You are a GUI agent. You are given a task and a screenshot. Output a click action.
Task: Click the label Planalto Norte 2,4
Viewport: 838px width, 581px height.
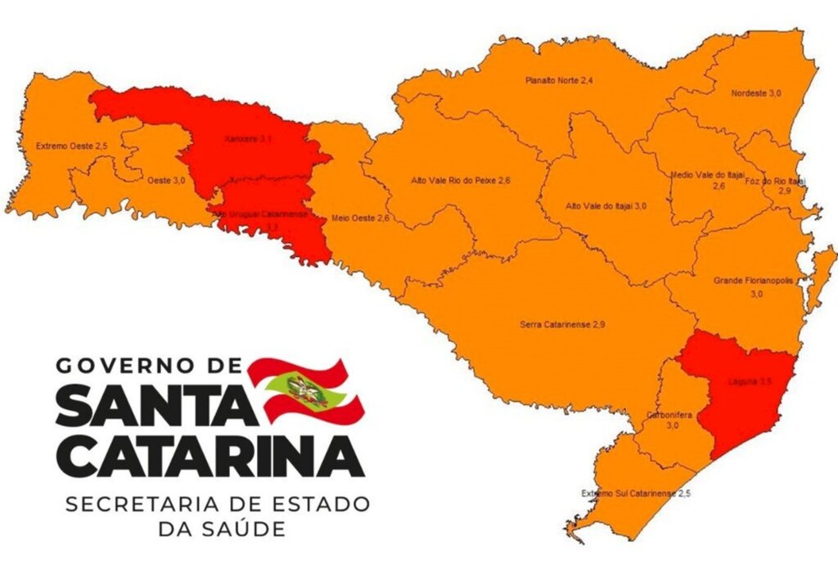tap(559, 80)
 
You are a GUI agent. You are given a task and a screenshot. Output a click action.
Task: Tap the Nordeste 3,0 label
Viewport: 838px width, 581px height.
tap(755, 94)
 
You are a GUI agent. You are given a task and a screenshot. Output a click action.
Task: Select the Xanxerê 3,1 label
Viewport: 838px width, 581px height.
tap(248, 140)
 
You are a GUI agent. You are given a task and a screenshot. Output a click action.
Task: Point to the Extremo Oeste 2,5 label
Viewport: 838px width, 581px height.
tap(72, 146)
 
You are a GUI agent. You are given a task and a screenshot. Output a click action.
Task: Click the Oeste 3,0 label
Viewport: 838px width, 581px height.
tap(165, 179)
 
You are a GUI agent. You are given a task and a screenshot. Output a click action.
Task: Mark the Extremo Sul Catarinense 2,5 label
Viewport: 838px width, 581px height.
tap(630, 493)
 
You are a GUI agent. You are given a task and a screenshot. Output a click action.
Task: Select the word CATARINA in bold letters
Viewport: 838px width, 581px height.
tap(210, 457)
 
